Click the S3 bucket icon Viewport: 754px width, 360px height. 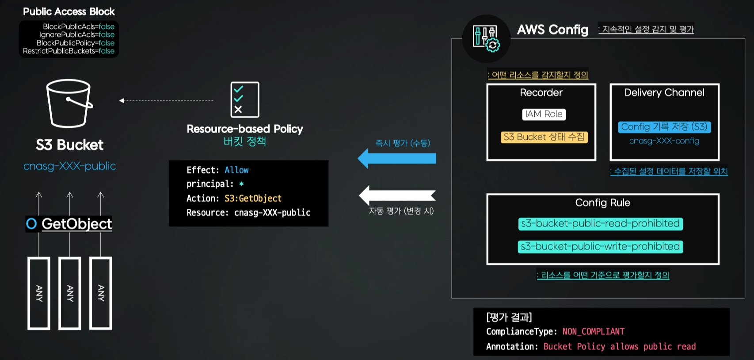tap(69, 103)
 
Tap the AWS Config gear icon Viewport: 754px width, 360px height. tap(486, 38)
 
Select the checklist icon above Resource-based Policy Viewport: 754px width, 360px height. tap(244, 100)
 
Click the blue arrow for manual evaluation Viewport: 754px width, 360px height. tap(396, 158)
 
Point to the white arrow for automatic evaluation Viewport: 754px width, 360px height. tap(396, 195)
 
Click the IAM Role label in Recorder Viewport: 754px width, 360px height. tap(544, 114)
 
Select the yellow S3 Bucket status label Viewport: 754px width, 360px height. tap(544, 137)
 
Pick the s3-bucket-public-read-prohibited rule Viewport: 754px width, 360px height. tap(600, 224)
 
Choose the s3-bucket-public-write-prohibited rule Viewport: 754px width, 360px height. tap(600, 247)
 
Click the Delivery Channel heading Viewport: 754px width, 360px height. tap(664, 92)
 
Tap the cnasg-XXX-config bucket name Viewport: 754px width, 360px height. tap(664, 141)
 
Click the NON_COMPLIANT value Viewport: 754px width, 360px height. tap(593, 332)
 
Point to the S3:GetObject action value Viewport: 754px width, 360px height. tap(253, 199)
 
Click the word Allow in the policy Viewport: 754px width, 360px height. tap(236, 170)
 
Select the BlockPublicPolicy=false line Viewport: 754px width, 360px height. tap(75, 43)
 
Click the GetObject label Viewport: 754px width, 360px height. tap(76, 224)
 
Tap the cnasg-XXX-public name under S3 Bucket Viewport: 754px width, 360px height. tap(69, 166)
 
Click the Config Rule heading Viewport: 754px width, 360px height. tap(602, 203)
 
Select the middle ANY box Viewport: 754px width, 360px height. tap(70, 293)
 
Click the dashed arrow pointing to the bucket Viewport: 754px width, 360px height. tap(166, 101)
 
